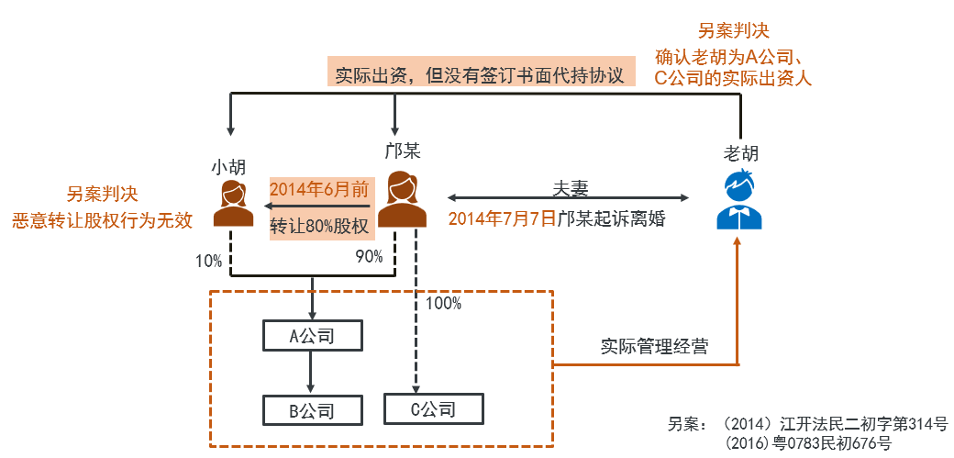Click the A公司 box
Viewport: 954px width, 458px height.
(x=311, y=336)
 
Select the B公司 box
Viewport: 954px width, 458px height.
(x=311, y=410)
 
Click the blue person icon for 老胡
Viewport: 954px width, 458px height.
(x=739, y=200)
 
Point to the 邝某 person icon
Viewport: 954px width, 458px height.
(x=403, y=198)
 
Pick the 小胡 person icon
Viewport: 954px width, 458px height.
(x=233, y=203)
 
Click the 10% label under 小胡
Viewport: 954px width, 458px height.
(x=208, y=262)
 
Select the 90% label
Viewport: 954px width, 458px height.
(x=368, y=258)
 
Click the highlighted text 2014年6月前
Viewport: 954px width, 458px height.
(x=319, y=190)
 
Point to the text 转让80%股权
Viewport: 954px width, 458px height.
(x=319, y=226)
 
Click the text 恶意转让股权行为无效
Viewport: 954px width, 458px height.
(x=102, y=220)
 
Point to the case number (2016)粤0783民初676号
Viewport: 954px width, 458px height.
(x=807, y=444)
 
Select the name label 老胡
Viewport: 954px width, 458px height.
(x=740, y=153)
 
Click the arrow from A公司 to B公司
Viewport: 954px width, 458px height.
(x=311, y=373)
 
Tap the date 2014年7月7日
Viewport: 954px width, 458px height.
(x=502, y=219)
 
